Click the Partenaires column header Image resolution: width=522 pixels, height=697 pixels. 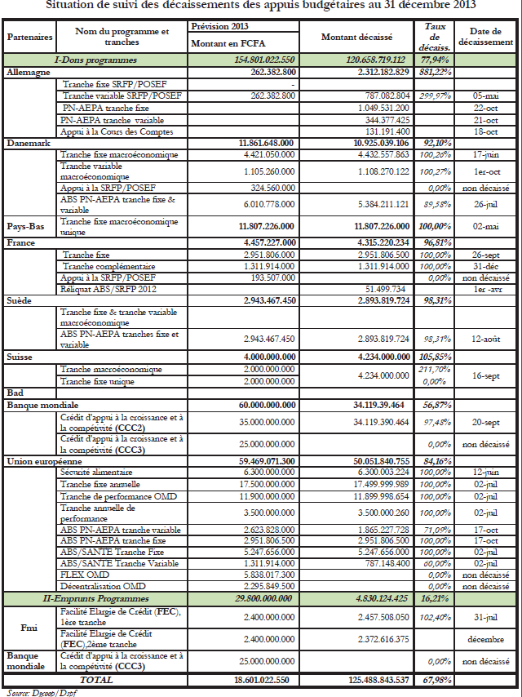[x=29, y=37]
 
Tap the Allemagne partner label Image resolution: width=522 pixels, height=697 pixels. [x=29, y=72]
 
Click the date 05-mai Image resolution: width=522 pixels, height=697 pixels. [x=484, y=95]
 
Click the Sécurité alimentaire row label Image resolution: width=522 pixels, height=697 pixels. [x=98, y=473]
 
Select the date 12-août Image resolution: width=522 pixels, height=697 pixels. [x=484, y=338]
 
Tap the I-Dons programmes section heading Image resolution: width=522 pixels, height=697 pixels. [x=95, y=60]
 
